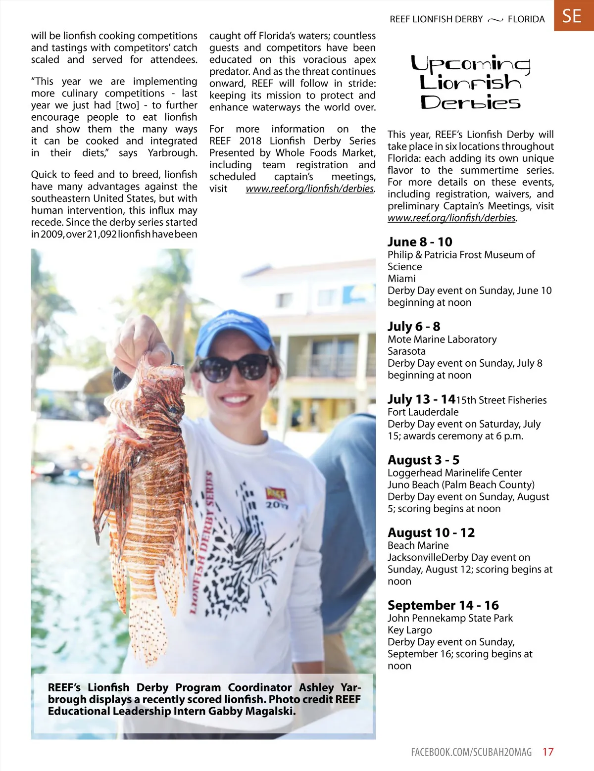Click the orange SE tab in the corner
[x=573, y=16]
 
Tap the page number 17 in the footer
[x=548, y=752]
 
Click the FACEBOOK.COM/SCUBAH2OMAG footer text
[x=471, y=752]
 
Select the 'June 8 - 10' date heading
[x=420, y=242]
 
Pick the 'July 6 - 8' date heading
[x=414, y=327]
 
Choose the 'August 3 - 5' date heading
[x=423, y=460]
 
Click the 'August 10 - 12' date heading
[x=431, y=533]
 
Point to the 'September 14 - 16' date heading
[x=443, y=606]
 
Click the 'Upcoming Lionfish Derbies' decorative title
[x=470, y=83]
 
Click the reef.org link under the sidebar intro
[x=451, y=218]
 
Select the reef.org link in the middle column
[x=310, y=189]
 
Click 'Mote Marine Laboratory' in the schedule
[x=442, y=339]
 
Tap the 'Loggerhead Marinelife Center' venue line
[x=454, y=473]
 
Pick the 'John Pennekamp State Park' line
[x=450, y=618]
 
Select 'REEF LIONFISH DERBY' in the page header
[x=436, y=19]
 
